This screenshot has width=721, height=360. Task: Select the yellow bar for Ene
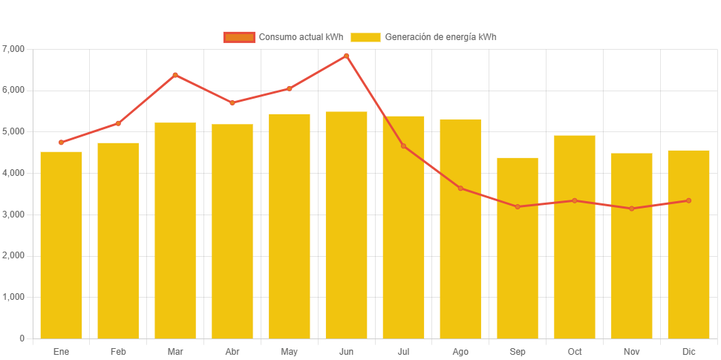[x=61, y=245]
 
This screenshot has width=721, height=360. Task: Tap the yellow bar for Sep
[x=518, y=248]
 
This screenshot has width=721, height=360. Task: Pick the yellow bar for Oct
[x=575, y=237]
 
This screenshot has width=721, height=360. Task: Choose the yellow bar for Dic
[x=688, y=244]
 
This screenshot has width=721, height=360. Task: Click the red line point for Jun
[x=346, y=56]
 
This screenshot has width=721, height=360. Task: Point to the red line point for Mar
[x=175, y=75]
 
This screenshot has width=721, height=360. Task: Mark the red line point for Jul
[x=403, y=145]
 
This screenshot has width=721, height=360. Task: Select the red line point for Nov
[x=632, y=209]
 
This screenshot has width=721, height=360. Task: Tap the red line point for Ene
[x=61, y=142]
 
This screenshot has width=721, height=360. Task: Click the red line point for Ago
[x=460, y=188]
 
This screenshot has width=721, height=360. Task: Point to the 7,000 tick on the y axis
[x=13, y=49]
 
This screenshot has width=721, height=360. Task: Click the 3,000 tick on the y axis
[x=13, y=215]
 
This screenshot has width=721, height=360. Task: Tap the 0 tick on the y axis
[x=22, y=338]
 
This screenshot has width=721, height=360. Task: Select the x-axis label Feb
[x=118, y=351]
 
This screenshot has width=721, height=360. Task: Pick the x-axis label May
[x=290, y=351]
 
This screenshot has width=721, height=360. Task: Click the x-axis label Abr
[x=232, y=351]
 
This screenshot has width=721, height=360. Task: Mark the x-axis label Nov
[x=632, y=351]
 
